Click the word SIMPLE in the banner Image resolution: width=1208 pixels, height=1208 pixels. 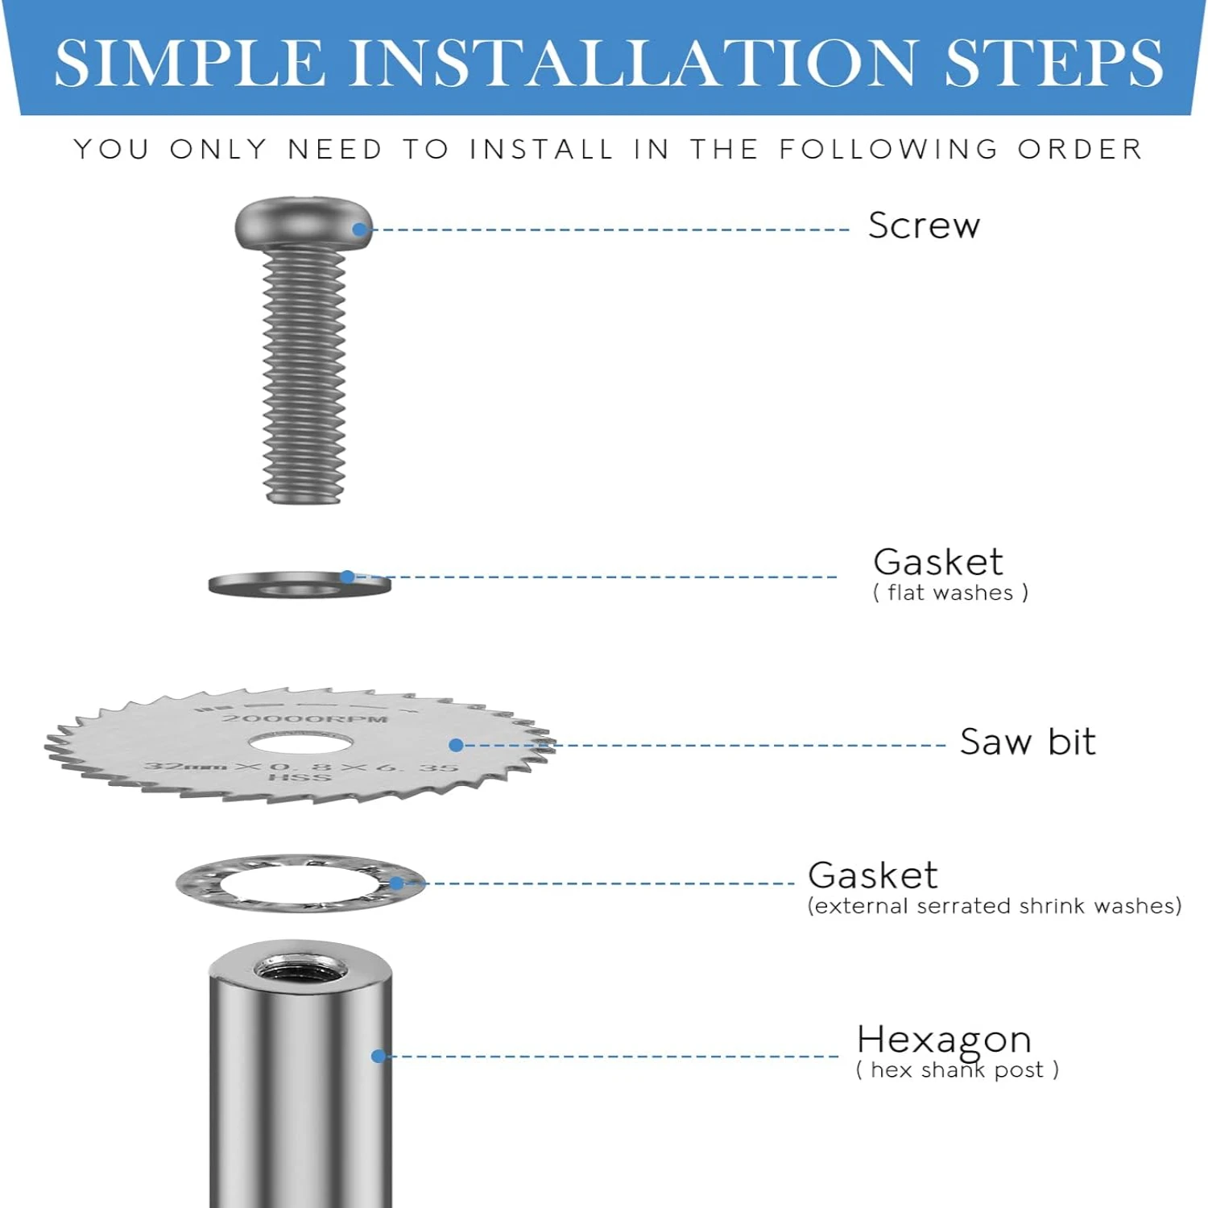pos(189,63)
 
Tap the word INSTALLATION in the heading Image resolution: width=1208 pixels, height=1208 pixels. pos(633,63)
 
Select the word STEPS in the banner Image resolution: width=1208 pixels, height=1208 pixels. pos(1053,63)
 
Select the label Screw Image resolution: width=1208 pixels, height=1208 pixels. pos(924,225)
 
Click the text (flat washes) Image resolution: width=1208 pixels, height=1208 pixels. pos(950,593)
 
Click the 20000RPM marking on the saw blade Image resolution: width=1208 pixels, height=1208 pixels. pos(305,718)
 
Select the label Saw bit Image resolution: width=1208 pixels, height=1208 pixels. pos(1027,742)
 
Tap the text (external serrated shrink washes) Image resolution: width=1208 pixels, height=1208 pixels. pos(994,906)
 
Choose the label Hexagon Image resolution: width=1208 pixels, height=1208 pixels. pos(944,1039)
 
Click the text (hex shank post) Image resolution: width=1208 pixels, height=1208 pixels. pos(957,1070)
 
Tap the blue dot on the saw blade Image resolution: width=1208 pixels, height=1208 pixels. pos(456,746)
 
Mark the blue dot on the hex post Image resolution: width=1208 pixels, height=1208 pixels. pos(379,1056)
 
